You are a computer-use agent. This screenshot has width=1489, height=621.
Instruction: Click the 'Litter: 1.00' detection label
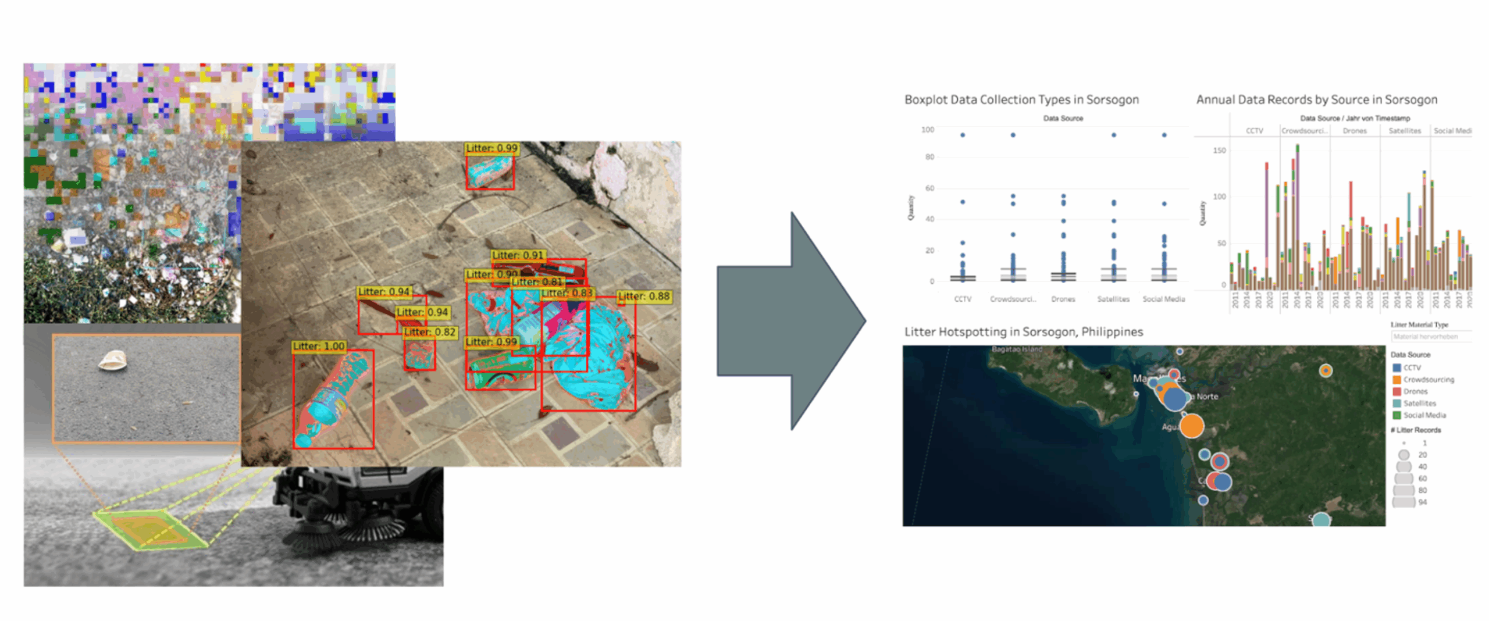point(319,346)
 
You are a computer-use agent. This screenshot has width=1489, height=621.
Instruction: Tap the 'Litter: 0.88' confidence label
point(644,296)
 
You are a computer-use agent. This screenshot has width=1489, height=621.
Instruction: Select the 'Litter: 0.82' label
point(430,331)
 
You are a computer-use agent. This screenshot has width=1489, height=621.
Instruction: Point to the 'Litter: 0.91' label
point(518,255)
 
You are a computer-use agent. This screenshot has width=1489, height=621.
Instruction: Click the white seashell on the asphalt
point(113,361)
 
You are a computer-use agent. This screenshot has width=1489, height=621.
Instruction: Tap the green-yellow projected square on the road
point(150,530)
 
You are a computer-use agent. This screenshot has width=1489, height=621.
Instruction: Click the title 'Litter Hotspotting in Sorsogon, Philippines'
point(1023,331)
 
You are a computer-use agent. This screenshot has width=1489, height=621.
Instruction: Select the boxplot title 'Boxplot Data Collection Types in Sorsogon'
point(1021,99)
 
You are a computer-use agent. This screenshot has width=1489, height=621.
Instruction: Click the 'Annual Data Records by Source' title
point(1316,99)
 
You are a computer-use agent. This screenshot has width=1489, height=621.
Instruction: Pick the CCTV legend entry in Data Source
point(1411,367)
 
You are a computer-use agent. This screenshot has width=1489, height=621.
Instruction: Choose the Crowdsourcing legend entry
point(1428,379)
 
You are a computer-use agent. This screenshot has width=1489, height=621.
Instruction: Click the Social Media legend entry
point(1424,415)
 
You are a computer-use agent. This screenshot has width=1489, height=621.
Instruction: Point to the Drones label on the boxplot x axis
point(1063,299)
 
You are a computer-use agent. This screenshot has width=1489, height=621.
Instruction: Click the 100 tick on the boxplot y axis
point(928,130)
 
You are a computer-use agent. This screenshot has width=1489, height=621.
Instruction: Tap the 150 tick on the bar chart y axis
point(1219,150)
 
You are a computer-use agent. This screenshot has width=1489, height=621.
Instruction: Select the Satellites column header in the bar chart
point(1405,131)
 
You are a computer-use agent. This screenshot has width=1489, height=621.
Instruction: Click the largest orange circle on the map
point(1191,426)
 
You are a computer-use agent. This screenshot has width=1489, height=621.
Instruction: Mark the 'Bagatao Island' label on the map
point(1017,349)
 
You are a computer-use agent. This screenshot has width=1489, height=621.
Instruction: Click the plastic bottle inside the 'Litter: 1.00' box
point(332,401)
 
